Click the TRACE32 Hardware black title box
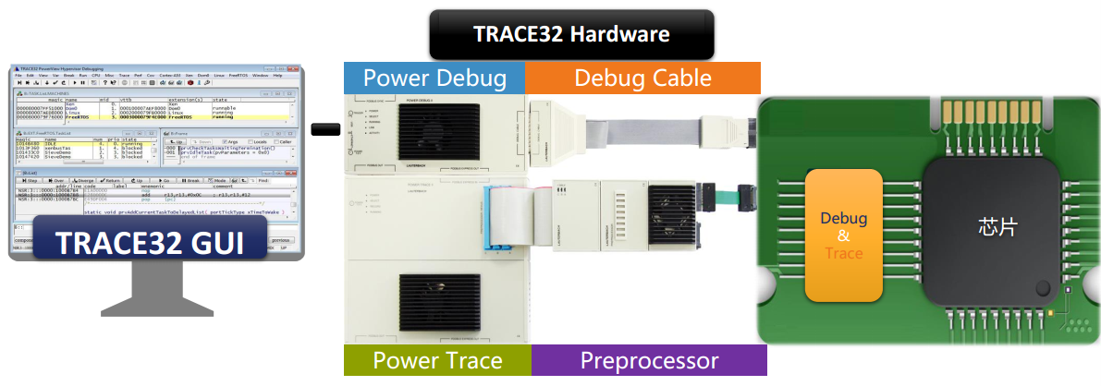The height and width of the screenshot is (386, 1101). click(x=571, y=35)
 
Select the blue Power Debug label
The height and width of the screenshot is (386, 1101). click(x=434, y=78)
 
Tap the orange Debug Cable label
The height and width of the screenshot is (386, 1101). click(x=642, y=78)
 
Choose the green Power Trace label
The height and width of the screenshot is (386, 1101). click(x=437, y=360)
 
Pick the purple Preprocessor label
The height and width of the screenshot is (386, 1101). click(x=649, y=360)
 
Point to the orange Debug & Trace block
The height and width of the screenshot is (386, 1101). click(x=844, y=235)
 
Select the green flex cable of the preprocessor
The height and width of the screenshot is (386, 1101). click(x=727, y=195)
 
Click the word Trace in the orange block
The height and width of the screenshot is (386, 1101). click(x=844, y=252)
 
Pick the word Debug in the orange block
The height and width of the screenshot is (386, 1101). click(x=844, y=218)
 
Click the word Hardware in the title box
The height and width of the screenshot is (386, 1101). click(x=621, y=35)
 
